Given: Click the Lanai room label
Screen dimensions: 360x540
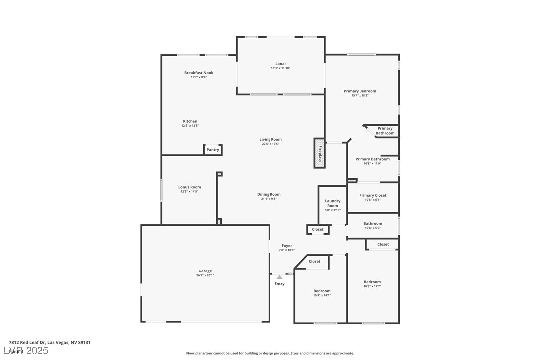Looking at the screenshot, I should [281, 63].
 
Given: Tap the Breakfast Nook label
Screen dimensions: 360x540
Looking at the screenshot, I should [199, 73].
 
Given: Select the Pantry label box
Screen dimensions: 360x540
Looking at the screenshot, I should [213, 150].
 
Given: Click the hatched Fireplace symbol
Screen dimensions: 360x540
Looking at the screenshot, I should [319, 153].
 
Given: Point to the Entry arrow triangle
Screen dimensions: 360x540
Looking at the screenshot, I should [280, 277].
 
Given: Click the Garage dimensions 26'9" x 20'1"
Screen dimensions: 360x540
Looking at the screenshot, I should [205, 275].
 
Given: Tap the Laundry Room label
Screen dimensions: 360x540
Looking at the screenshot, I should [333, 203].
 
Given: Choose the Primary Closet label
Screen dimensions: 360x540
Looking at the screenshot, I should [373, 195].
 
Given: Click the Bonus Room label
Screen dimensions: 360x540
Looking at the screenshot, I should [189, 187].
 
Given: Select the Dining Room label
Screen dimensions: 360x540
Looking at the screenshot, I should [269, 194].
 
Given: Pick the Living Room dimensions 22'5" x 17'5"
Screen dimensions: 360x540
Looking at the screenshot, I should [270, 144].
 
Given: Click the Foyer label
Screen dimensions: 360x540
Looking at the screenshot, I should [287, 246].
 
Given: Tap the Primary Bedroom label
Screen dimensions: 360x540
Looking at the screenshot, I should [360, 91].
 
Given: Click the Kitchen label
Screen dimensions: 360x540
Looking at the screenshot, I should [190, 121].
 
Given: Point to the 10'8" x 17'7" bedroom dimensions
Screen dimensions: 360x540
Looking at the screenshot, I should [372, 286].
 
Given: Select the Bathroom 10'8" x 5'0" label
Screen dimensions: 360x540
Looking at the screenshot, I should [373, 224].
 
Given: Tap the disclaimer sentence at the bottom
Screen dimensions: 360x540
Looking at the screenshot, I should [270, 353].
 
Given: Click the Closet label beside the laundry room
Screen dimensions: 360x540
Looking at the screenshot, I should [318, 229].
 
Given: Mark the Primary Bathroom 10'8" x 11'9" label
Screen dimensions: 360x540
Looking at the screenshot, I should [372, 159].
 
